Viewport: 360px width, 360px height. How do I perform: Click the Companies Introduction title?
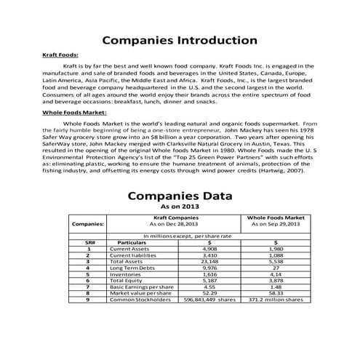pos(180,39)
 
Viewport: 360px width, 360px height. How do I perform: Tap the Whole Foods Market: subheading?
pos(76,114)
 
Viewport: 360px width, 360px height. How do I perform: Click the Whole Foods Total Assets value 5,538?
pos(275,261)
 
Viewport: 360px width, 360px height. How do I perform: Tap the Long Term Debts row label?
pos(132,267)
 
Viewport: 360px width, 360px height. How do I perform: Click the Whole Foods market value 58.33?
pos(275,292)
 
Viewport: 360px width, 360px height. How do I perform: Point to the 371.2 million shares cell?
pos(275,299)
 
